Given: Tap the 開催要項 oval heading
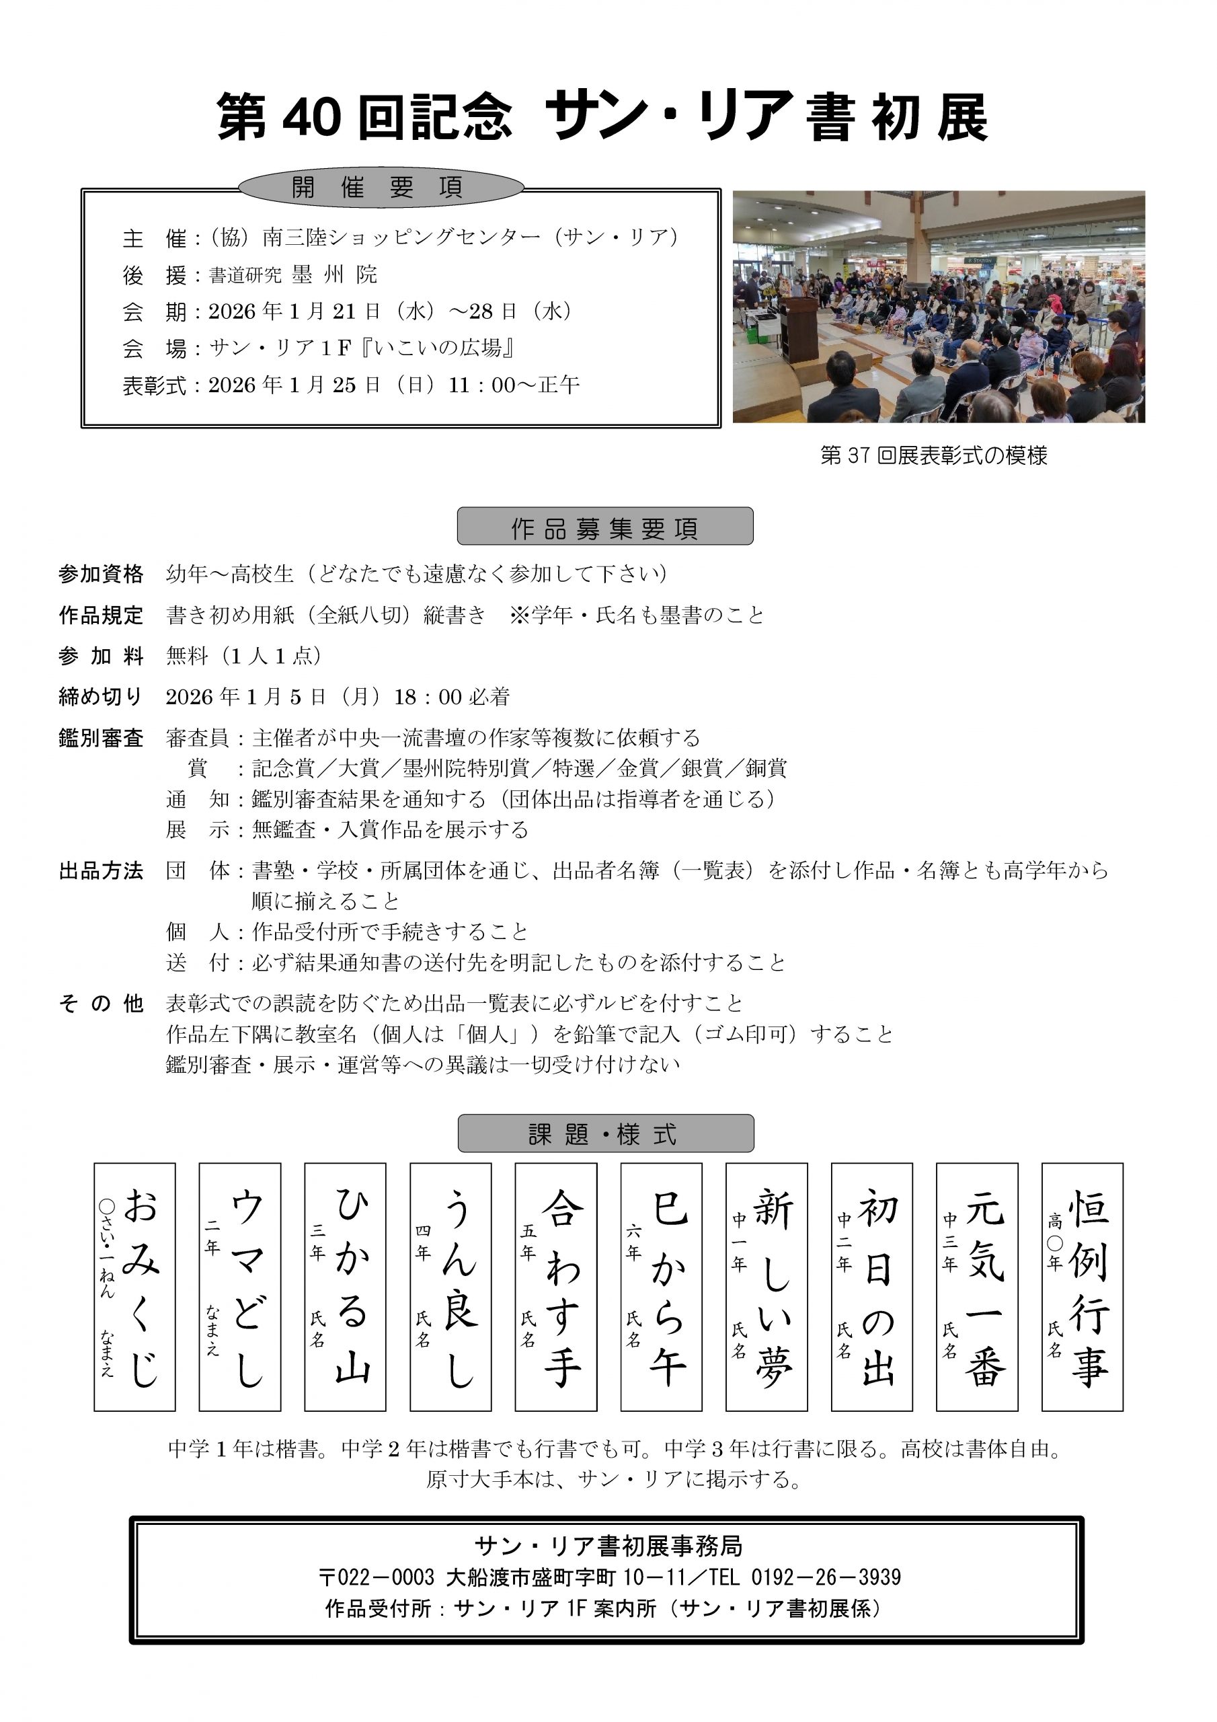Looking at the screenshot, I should click(x=380, y=188).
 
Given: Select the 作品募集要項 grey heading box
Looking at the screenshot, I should click(x=604, y=527).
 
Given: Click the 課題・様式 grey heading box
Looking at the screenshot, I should click(x=604, y=1133).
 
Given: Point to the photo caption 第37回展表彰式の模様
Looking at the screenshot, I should click(x=933, y=455).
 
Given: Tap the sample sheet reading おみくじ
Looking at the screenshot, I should click(x=135, y=1286).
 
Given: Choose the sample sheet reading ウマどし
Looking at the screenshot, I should click(x=240, y=1286).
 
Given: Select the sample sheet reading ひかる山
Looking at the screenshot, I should click(x=345, y=1286).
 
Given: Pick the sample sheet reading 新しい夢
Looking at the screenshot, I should click(x=767, y=1286).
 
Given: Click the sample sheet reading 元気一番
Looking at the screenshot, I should click(x=977, y=1286).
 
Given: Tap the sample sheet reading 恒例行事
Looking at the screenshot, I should click(x=1082, y=1286).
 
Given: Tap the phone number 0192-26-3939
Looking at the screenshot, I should click(x=826, y=1577).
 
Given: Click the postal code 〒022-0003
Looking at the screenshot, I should click(x=376, y=1577).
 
